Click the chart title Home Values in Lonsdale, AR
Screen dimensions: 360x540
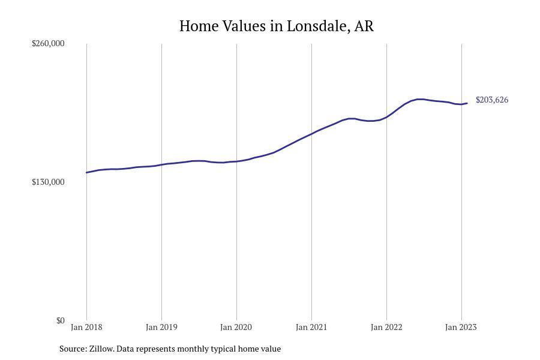(276, 26)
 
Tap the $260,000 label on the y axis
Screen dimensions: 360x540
(48, 43)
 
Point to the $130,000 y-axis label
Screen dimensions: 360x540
(48, 182)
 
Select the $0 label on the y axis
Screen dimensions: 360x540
(60, 320)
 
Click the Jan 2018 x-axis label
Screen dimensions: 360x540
(86, 327)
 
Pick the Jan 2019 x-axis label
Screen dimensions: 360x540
(161, 327)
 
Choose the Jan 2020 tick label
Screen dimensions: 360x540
(236, 327)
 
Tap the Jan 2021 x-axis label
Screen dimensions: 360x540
(311, 327)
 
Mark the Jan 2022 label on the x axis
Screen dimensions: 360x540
(386, 327)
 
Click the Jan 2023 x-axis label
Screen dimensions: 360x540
(461, 327)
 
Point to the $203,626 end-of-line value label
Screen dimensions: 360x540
(492, 100)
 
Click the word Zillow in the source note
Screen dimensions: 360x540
(101, 349)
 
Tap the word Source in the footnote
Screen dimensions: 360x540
(73, 349)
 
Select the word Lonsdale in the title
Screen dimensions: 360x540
(316, 26)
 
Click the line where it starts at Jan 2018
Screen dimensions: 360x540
(87, 173)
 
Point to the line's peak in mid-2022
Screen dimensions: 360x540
(420, 99)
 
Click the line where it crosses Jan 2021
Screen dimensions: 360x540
(311, 134)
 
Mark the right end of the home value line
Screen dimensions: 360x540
(467, 103)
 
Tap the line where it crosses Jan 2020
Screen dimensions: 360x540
(236, 161)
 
